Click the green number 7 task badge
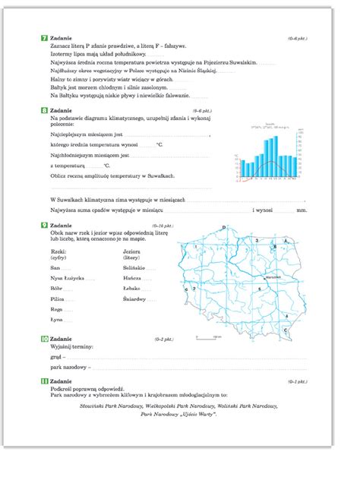44,37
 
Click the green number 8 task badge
44,111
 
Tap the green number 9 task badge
44,226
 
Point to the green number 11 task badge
44,381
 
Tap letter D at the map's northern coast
224,226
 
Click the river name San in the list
55,268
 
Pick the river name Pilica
58,299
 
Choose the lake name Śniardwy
134,299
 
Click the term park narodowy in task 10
67,368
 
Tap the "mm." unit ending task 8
302,210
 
